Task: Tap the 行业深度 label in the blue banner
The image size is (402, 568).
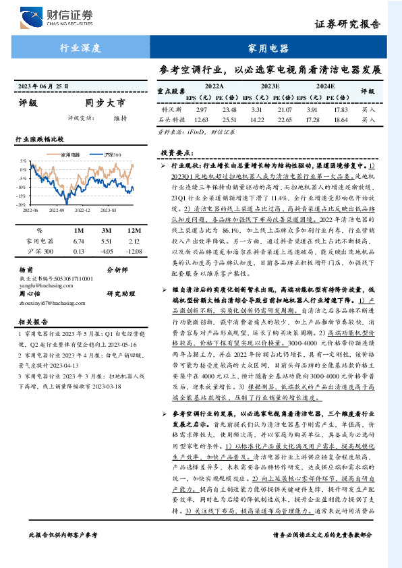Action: click(x=80, y=48)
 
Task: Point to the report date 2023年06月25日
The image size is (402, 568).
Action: click(x=44, y=87)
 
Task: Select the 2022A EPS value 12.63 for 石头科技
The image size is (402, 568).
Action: click(x=201, y=120)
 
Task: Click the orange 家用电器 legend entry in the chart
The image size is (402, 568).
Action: click(x=67, y=154)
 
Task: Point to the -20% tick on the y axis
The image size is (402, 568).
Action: click(x=23, y=204)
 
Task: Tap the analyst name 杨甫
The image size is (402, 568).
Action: click(x=25, y=268)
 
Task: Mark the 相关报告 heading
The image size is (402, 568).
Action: click(x=31, y=322)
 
